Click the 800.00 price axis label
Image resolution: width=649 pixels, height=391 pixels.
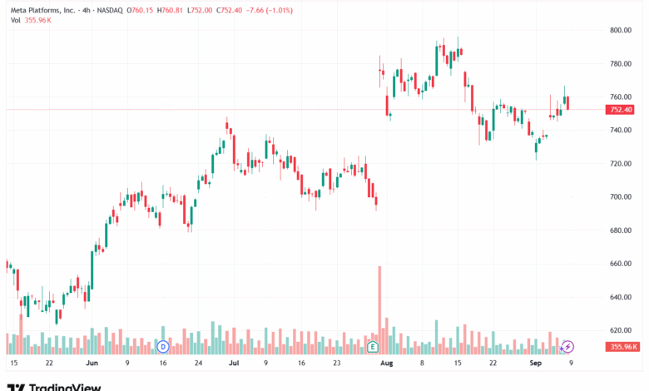(x=622, y=30)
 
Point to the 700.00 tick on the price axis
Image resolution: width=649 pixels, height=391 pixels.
(x=622, y=197)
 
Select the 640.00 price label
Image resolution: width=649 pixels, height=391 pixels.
(x=622, y=297)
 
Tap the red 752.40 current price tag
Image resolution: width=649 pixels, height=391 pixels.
(x=622, y=110)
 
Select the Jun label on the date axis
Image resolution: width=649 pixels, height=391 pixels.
(x=92, y=364)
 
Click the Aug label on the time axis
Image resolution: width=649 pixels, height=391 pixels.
(x=385, y=364)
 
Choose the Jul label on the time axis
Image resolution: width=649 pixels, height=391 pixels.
(x=234, y=364)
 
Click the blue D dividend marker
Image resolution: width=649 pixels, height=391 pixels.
(x=163, y=345)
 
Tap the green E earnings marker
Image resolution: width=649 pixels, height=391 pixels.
(x=374, y=345)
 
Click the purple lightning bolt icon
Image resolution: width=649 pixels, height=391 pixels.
(x=567, y=345)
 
